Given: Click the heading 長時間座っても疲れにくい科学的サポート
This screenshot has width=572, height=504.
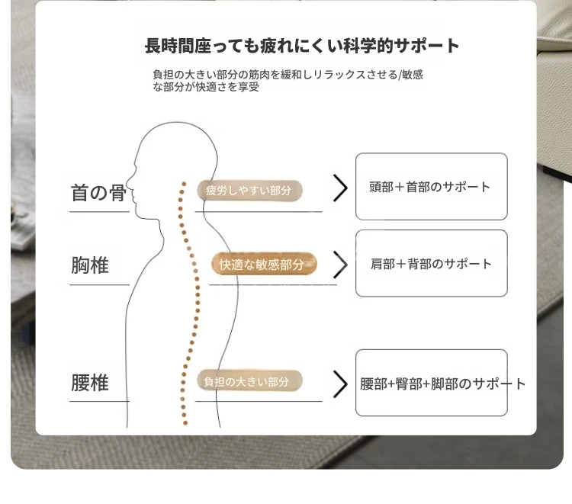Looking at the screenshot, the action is (302, 46).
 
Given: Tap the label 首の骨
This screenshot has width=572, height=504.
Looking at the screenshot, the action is (98, 193).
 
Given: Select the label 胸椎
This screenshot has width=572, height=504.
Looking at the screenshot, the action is (90, 265).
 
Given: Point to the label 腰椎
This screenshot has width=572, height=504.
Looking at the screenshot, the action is (90, 383).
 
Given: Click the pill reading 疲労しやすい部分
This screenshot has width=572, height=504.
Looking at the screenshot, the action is (249, 190).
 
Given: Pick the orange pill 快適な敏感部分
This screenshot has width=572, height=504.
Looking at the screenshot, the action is (264, 264).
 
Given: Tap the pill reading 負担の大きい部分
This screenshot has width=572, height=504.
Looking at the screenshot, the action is (249, 381).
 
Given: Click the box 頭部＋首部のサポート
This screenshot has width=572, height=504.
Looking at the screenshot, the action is (431, 186).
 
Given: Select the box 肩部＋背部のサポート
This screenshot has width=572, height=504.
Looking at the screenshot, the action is (431, 263).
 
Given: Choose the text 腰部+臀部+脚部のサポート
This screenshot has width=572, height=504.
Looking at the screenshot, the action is (442, 384).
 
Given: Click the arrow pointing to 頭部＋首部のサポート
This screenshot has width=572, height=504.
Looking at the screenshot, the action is (340, 188).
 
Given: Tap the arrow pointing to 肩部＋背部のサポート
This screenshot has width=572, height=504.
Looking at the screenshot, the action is (340, 265).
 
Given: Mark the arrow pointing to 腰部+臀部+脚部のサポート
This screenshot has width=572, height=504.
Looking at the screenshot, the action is (340, 384).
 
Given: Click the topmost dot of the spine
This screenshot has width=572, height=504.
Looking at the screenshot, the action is (185, 184).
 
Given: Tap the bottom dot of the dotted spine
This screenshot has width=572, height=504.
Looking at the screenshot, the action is (185, 423).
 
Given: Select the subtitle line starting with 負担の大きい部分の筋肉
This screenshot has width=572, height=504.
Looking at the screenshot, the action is (288, 75).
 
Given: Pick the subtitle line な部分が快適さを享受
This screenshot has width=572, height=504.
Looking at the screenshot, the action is (206, 87).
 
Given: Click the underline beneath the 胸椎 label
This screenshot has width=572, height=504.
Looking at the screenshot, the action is (100, 285).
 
